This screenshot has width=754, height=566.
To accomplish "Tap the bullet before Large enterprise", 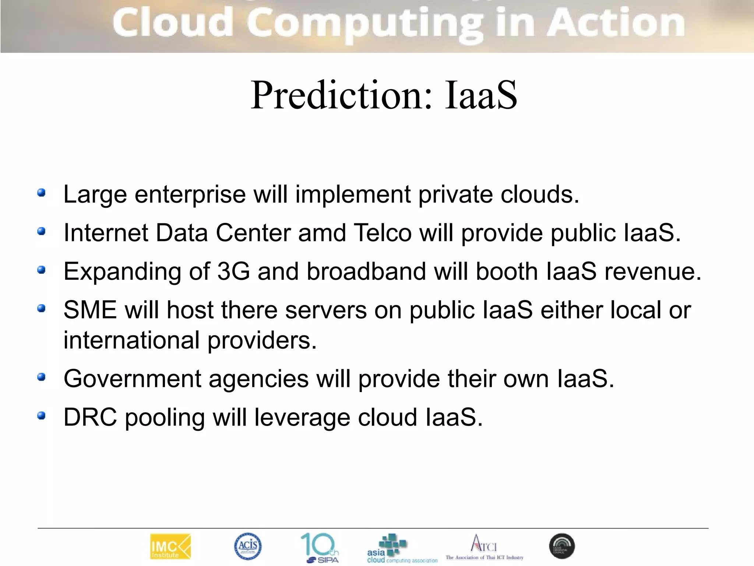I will click(41, 193).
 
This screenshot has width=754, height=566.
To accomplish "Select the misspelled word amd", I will click(322, 233).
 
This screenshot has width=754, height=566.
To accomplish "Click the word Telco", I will click(383, 233).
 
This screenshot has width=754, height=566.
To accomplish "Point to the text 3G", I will click(233, 272).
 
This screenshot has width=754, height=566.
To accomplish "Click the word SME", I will click(90, 310).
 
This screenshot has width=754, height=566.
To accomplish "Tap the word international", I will click(131, 340).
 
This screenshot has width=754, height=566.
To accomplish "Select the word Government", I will click(132, 379).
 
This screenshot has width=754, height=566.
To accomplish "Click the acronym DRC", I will click(90, 417).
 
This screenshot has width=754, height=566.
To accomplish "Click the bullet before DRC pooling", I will click(41, 416).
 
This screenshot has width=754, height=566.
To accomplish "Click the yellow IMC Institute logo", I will click(170, 546).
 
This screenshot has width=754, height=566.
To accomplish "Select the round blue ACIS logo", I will click(248, 546).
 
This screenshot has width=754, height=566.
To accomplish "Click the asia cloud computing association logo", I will click(401, 549).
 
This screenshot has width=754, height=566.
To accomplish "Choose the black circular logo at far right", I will click(562, 546).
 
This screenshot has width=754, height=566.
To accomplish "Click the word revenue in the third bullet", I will click(653, 272).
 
